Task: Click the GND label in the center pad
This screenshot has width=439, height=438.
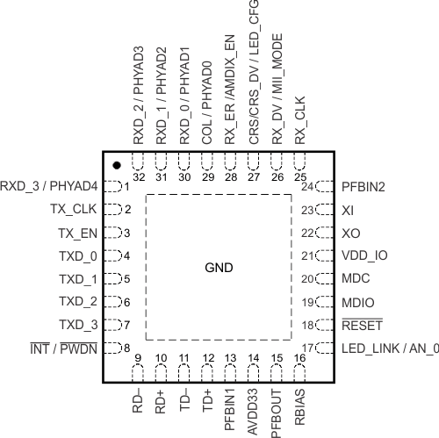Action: [x=219, y=267]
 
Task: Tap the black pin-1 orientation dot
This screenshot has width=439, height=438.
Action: [x=116, y=165]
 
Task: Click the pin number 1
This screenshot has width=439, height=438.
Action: [x=127, y=187]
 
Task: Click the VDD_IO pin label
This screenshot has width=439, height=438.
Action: [x=364, y=256]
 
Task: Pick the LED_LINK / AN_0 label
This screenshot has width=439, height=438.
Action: [x=389, y=348]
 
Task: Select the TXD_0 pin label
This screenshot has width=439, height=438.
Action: [x=77, y=256]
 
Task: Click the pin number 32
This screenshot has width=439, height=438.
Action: [x=138, y=152]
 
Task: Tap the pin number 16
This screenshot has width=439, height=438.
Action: [x=300, y=357]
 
